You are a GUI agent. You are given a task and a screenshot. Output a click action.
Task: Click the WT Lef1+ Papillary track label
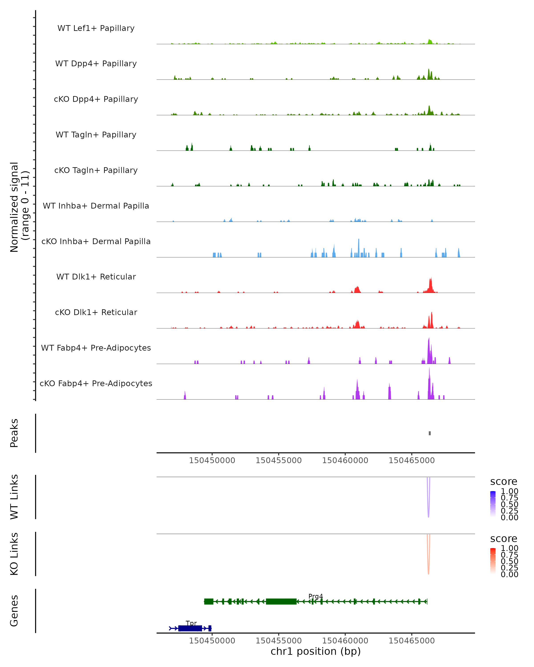click(x=96, y=28)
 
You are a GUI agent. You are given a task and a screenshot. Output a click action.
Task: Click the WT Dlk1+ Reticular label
click(x=96, y=277)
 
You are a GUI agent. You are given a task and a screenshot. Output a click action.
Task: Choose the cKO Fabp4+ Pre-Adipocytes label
click(x=96, y=383)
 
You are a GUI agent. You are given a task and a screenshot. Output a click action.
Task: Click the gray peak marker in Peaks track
click(x=430, y=433)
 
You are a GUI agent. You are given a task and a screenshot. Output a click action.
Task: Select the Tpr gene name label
click(x=191, y=623)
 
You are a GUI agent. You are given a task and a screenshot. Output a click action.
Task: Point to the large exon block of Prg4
click(x=281, y=601)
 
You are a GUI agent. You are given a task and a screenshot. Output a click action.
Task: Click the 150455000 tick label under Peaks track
click(x=279, y=460)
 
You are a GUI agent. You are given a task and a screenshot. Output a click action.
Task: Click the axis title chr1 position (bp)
click(x=316, y=651)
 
